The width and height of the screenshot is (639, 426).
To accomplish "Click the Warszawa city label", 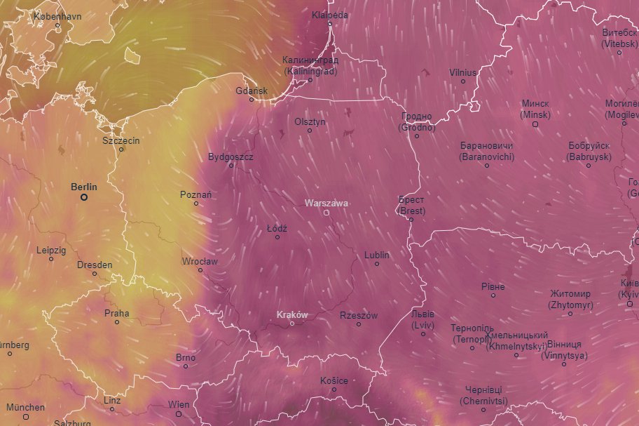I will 327,203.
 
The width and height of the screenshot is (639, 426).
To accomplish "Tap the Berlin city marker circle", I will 84,197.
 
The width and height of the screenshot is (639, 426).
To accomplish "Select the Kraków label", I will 292,314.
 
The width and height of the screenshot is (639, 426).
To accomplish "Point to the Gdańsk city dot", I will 252,100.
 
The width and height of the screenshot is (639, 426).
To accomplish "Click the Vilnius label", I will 462,72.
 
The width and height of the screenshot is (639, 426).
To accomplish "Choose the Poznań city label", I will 196,194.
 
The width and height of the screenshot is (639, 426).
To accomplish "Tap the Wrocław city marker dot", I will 200,270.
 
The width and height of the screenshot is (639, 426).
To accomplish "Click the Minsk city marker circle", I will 535,124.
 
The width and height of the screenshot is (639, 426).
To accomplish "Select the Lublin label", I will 377,255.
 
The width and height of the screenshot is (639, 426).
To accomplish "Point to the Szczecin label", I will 121,140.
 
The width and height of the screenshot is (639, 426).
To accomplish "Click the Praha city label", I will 117,313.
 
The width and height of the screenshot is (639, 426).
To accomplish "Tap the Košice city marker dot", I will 334,390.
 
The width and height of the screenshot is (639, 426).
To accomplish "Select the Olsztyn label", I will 310,121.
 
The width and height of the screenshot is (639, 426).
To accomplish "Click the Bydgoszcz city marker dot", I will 231,166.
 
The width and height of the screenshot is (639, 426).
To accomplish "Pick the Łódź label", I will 277,228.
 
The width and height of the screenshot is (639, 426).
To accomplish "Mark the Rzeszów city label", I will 359,315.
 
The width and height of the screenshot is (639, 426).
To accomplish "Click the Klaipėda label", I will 330,15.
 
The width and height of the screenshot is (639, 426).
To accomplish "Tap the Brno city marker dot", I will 186,366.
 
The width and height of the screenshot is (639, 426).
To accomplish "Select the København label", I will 57,15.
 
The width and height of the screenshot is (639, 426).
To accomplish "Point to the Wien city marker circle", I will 179,414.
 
